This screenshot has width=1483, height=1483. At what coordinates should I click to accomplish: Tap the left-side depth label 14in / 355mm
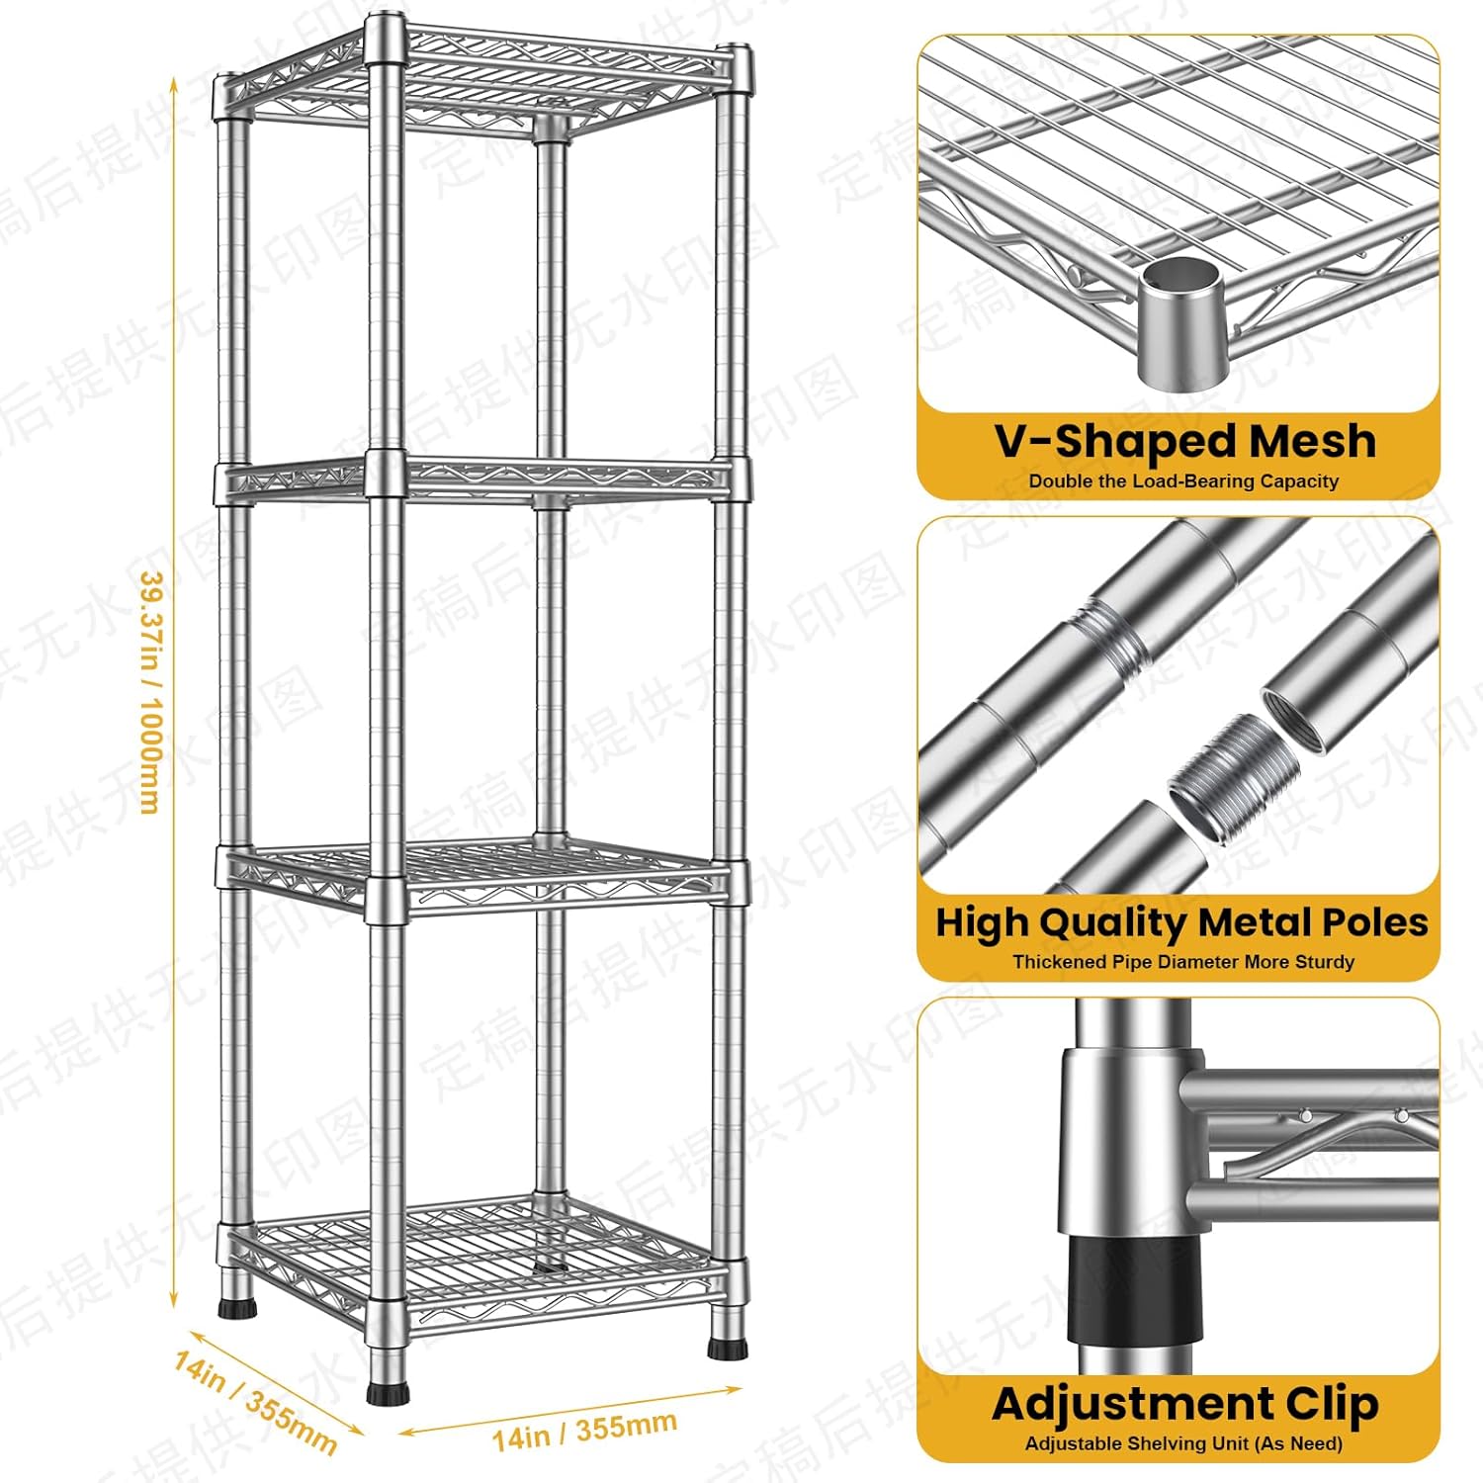point(255,1403)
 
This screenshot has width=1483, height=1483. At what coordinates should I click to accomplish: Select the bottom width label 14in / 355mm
point(585,1430)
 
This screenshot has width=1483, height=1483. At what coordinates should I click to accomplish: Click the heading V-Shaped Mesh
point(1184,441)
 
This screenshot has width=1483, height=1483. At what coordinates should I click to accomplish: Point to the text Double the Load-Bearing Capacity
point(1183,481)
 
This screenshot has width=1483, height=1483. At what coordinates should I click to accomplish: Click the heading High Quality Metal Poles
point(1181,922)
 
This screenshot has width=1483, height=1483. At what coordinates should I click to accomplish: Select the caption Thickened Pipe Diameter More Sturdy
point(1182,961)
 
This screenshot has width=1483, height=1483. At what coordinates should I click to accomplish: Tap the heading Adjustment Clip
point(1184,1403)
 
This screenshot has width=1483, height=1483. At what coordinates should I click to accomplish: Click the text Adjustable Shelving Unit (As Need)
point(1183,1443)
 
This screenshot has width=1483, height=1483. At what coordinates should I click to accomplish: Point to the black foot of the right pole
point(727,1346)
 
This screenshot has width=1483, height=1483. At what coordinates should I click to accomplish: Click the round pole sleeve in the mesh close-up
point(1181,321)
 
